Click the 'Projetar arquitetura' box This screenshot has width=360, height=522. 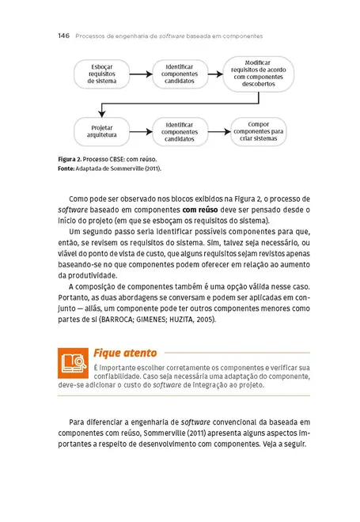pyautogui.click(x=101, y=130)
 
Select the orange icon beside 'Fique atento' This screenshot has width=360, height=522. pyautogui.click(x=73, y=362)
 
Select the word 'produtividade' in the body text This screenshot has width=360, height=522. pyautogui.click(x=93, y=274)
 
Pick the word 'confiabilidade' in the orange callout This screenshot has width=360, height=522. pyautogui.click(x=119, y=378)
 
